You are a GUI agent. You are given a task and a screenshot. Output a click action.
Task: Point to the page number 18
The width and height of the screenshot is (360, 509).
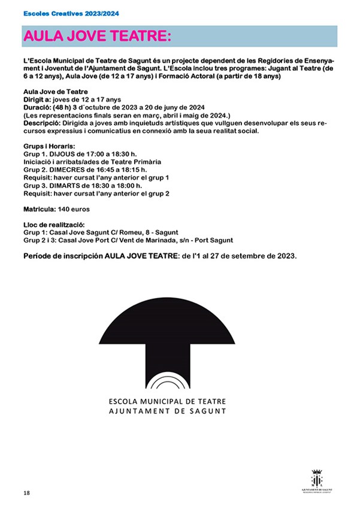[x=26, y=492]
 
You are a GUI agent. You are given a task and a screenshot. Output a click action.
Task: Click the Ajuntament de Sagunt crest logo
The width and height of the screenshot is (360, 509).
[x=317, y=480]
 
